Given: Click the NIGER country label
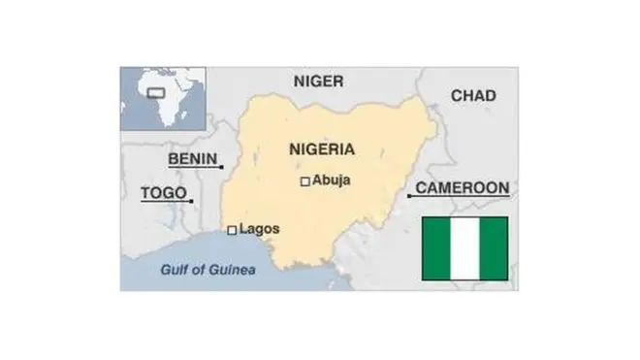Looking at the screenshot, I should [318, 82].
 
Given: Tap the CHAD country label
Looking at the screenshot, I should [473, 95].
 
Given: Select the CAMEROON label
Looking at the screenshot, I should [462, 187].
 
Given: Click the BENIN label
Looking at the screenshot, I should [192, 158].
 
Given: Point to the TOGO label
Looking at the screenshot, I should [163, 192].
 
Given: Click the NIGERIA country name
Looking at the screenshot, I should [322, 149].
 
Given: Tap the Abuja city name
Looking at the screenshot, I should [332, 180].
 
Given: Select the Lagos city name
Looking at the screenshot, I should [259, 229].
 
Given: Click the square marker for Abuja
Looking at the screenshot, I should [304, 180].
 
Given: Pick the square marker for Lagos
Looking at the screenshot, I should [232, 230].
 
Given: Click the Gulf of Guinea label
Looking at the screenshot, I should [208, 270].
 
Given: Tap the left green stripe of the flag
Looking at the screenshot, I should [436, 248].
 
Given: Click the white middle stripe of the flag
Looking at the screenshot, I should [464, 248].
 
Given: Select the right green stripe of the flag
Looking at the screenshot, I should [494, 248].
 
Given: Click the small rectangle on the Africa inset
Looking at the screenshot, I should [154, 94].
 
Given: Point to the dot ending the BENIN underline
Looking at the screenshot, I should [222, 167].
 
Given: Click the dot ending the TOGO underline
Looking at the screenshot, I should [191, 201].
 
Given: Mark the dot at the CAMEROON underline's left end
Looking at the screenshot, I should [409, 196].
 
